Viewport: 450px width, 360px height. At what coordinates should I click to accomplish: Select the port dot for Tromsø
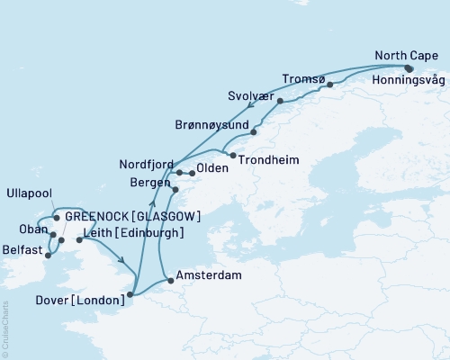tap(330, 85)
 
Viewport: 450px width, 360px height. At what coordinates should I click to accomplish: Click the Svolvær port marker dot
tap(281, 102)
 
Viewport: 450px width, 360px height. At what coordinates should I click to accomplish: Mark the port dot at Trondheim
tap(233, 157)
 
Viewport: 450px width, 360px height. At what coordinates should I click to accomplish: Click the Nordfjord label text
tap(146, 165)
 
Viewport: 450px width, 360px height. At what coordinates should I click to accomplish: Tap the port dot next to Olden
tap(192, 173)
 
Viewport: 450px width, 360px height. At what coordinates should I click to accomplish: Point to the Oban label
tap(20, 229)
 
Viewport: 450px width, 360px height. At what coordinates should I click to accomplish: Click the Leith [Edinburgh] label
tap(133, 233)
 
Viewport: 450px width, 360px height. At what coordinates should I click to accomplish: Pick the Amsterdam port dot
tap(170, 280)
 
